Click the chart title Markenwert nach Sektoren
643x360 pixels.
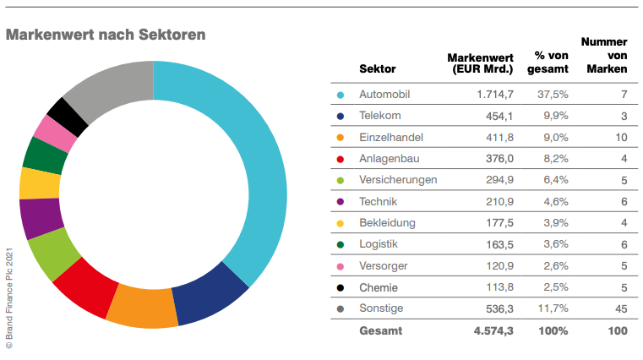click(106, 34)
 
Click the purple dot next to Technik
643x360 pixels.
click(340, 202)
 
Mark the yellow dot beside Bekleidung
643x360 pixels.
click(340, 224)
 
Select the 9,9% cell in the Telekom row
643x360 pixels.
click(553, 116)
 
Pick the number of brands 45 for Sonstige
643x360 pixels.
click(621, 309)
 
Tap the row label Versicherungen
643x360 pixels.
click(398, 180)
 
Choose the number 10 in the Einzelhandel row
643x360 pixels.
click(621, 137)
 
